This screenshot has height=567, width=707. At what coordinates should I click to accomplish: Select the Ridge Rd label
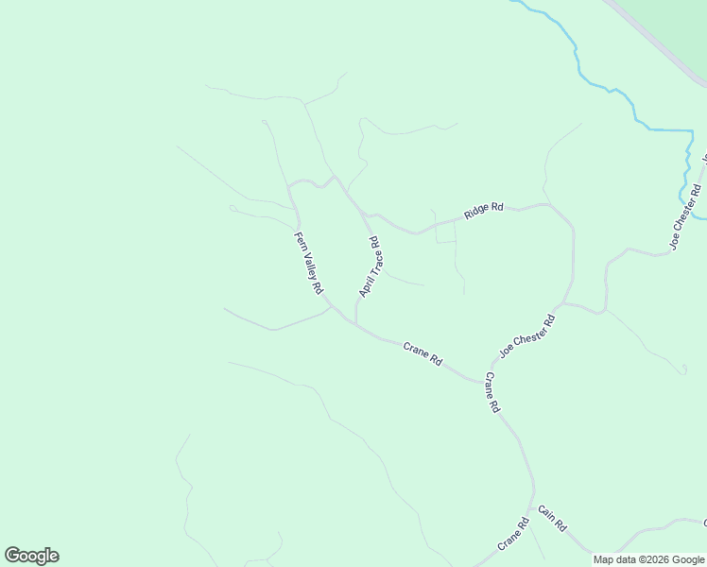[483, 210]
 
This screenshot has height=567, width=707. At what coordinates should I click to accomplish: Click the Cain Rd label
[552, 518]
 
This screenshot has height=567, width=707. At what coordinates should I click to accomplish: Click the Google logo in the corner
[31, 556]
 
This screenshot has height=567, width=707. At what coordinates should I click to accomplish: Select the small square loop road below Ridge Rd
[445, 233]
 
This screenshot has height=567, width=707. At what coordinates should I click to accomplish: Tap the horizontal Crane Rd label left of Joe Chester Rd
[422, 353]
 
